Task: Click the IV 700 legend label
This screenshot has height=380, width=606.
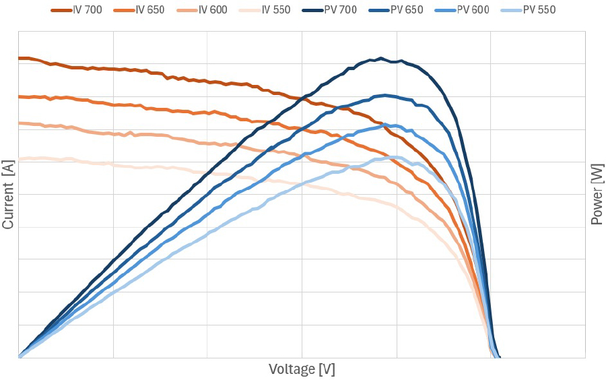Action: [x=88, y=9]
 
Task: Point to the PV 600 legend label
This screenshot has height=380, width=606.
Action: [x=473, y=9]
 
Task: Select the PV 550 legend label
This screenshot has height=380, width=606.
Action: [x=539, y=9]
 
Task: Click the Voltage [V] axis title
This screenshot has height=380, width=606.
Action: [x=302, y=369]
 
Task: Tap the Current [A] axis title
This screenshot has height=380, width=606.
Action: [x=8, y=195]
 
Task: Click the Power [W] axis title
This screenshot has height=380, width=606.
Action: [x=597, y=195]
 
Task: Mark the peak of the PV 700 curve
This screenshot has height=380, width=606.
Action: [x=381, y=58]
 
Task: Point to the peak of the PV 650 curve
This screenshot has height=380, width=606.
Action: [x=385, y=95]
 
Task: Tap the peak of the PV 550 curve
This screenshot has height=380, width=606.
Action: [x=394, y=157]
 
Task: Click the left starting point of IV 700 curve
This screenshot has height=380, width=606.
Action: [x=19, y=58]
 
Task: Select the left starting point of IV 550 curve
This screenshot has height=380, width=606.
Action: [x=19, y=159]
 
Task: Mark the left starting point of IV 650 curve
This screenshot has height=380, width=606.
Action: [x=19, y=96]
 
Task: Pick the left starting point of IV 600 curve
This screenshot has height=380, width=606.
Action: [x=19, y=123]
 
